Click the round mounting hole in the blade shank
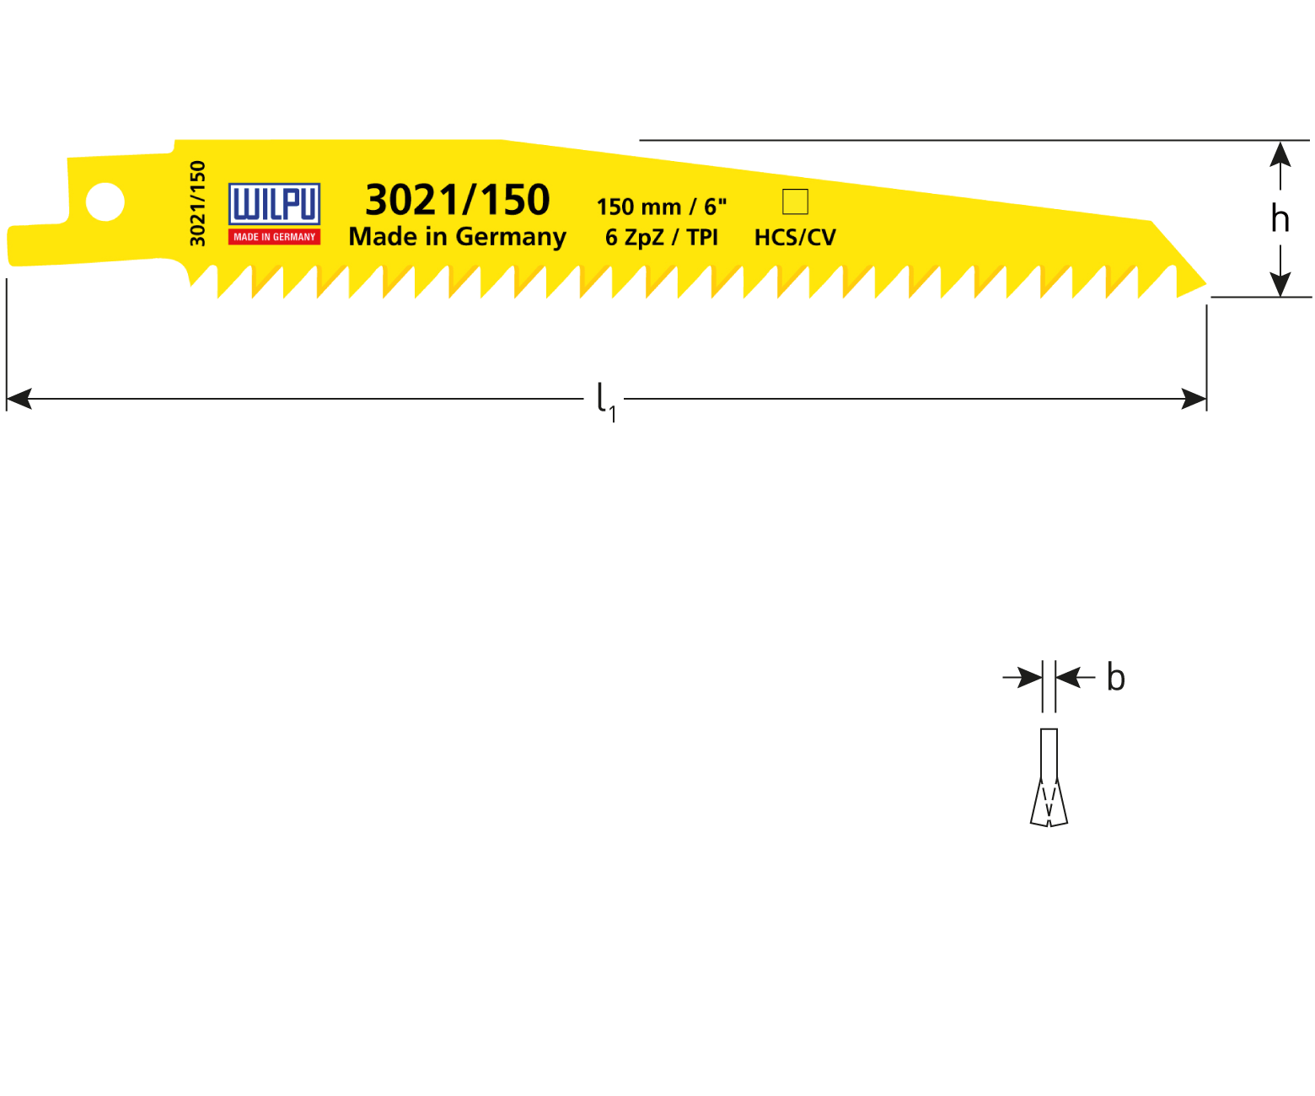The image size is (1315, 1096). pyautogui.click(x=105, y=202)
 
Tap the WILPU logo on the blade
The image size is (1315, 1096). pyautogui.click(x=274, y=204)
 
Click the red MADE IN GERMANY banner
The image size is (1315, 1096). pyautogui.click(x=274, y=237)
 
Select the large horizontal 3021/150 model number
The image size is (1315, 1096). pyautogui.click(x=457, y=200)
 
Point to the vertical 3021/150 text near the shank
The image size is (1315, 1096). pyautogui.click(x=198, y=203)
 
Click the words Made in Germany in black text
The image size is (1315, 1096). pyautogui.click(x=457, y=237)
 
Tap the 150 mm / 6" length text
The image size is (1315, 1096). pyautogui.click(x=661, y=207)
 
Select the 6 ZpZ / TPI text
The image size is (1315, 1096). pyautogui.click(x=661, y=238)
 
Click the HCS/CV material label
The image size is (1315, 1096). pyautogui.click(x=795, y=238)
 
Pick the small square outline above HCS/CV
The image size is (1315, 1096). pyautogui.click(x=795, y=202)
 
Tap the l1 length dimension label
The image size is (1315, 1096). pyautogui.click(x=605, y=400)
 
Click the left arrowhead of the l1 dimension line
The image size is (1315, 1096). pyautogui.click(x=19, y=399)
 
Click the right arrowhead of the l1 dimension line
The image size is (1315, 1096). pyautogui.click(x=1194, y=399)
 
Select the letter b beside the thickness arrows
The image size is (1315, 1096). pyautogui.click(x=1115, y=679)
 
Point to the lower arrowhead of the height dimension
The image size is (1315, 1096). pyautogui.click(x=1280, y=284)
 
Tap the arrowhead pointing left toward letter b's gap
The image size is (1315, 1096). pyautogui.click(x=1068, y=677)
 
